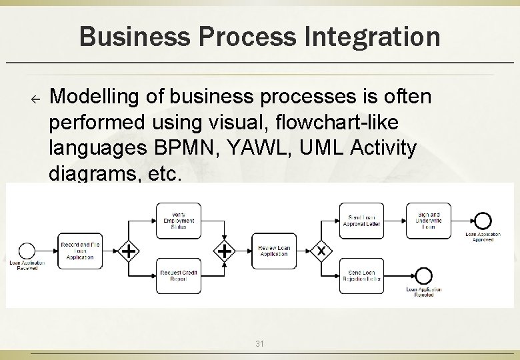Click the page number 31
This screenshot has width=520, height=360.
pos(260,344)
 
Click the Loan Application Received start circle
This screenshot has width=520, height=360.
pos(27,251)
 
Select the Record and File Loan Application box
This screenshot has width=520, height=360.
pos(79,251)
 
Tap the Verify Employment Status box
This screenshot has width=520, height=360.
pos(179,221)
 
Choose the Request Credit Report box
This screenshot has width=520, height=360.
pos(179,275)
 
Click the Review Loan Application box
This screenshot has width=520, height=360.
pos(274,251)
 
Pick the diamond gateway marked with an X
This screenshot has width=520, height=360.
pos(321,251)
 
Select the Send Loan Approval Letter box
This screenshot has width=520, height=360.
pos(362,221)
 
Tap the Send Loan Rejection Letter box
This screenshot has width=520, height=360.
pos(362,275)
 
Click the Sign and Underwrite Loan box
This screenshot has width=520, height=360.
pos(429,221)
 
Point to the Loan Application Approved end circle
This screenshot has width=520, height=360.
pos(482,221)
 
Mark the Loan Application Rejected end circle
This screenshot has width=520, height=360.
pos(423,275)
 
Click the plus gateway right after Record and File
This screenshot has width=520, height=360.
pos(129,251)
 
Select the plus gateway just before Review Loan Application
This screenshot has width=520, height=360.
pos(225,251)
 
